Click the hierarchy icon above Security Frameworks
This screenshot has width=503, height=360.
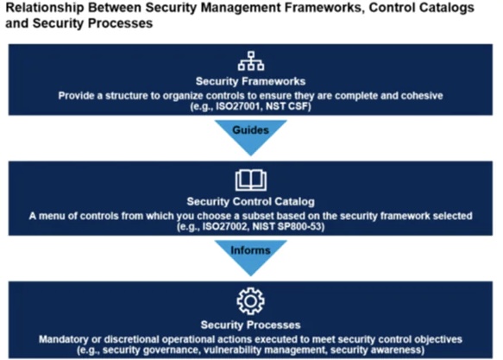[251, 61]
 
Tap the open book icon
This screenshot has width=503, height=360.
[251, 180]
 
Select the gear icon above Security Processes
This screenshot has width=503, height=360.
[250, 301]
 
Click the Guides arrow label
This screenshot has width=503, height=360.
[250, 130]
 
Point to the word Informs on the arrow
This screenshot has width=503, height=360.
[250, 250]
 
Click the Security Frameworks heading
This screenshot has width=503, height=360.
[250, 81]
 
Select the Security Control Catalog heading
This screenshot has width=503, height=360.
[250, 201]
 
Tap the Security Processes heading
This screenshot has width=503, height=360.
[250, 325]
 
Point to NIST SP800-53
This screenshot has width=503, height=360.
[286, 226]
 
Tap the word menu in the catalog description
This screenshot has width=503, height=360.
[52, 216]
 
